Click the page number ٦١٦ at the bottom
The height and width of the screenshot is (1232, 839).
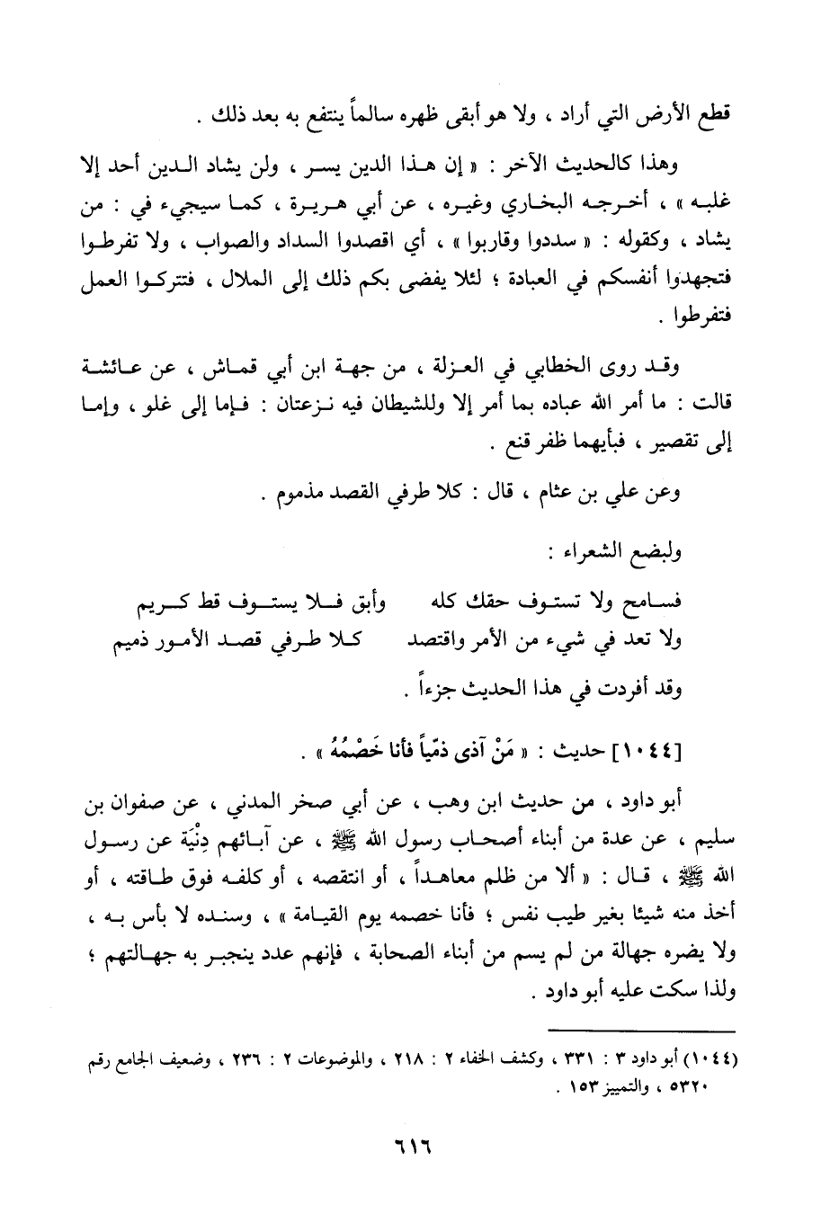pyautogui.click(x=413, y=1150)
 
